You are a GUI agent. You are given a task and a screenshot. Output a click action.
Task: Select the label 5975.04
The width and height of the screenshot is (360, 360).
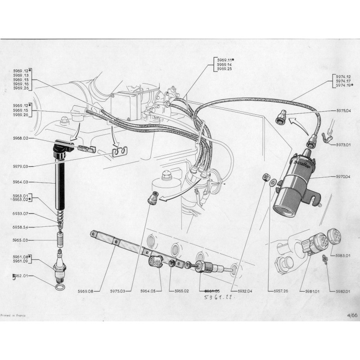(x=343, y=110)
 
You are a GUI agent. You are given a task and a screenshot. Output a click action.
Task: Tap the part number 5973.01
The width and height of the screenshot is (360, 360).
(x=343, y=145)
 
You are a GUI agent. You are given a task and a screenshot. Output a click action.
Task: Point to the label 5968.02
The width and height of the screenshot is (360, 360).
(x=21, y=139)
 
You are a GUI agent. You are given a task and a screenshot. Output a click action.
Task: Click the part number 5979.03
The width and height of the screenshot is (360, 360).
(x=21, y=166)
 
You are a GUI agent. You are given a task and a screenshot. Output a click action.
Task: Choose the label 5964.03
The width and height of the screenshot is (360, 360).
(x=21, y=182)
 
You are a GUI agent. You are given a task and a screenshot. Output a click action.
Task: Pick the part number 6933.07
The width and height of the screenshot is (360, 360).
(x=21, y=213)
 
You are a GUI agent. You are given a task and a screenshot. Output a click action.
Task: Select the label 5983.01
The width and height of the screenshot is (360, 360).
(x=343, y=256)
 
